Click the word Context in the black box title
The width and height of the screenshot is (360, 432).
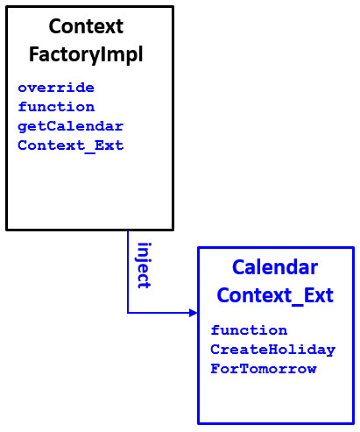click(x=86, y=26)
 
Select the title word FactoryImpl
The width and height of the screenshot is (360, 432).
click(x=86, y=54)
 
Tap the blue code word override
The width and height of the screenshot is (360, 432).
click(x=56, y=88)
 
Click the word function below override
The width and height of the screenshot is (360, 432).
click(x=56, y=107)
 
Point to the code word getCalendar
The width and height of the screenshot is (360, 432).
click(x=70, y=126)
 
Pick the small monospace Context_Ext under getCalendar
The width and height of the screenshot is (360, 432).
click(x=70, y=145)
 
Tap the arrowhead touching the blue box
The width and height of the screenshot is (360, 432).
click(x=192, y=312)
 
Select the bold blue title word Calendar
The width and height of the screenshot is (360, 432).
click(x=275, y=267)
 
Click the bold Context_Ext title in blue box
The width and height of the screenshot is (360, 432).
click(x=275, y=295)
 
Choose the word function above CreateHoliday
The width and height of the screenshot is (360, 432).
click(x=249, y=330)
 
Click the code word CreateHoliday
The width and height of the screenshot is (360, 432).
click(x=272, y=350)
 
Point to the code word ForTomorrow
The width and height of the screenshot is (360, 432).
click(x=263, y=369)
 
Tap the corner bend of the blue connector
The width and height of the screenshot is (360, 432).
click(x=128, y=312)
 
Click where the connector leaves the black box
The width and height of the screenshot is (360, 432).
click(x=128, y=231)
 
